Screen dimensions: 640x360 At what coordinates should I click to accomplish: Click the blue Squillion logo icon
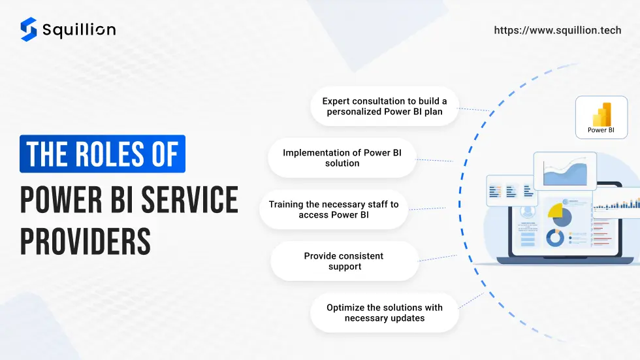[x=29, y=29]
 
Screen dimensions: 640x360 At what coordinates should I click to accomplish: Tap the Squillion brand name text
[x=79, y=30]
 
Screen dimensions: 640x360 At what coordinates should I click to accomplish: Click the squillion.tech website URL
[x=558, y=30]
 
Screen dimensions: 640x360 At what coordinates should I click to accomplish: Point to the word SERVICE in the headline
[x=189, y=199]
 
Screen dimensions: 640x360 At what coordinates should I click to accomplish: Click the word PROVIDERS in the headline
[x=86, y=241]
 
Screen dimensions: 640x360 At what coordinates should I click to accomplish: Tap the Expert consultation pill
[x=385, y=106]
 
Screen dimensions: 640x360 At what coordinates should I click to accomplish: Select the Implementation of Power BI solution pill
[x=342, y=157]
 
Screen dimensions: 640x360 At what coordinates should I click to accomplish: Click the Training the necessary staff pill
[x=334, y=209]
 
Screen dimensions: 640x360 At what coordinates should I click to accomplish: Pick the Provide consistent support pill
[x=345, y=261]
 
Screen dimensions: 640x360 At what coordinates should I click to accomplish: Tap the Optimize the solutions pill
[x=385, y=313]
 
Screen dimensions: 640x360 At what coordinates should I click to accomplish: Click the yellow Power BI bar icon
[x=602, y=114]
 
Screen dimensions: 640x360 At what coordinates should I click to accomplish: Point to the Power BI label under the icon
[x=601, y=130]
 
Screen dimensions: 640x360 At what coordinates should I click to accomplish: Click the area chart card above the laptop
[x=565, y=171]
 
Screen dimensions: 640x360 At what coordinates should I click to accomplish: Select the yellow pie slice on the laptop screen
[x=555, y=210]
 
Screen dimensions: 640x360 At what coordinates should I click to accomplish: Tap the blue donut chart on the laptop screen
[x=555, y=238]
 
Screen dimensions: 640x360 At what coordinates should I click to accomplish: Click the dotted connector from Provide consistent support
[x=438, y=258]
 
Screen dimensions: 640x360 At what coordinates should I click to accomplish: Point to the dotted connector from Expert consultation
[x=474, y=109]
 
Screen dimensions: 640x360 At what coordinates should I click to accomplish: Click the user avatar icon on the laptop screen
[x=528, y=212]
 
